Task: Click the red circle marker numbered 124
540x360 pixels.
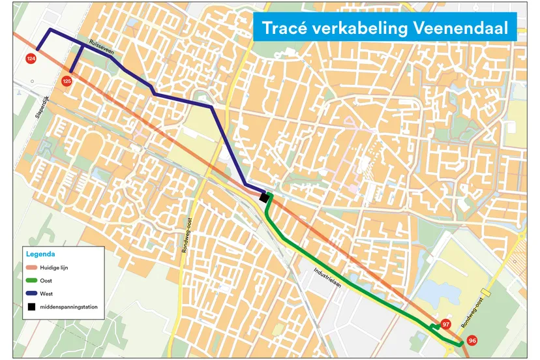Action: tap(31, 59)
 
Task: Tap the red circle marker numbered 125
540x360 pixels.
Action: tap(67, 81)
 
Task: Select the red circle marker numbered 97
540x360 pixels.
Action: tap(446, 324)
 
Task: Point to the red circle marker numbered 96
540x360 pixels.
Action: tap(472, 340)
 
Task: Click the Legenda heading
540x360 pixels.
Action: tap(40, 254)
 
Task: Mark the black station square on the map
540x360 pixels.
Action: tap(264, 197)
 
